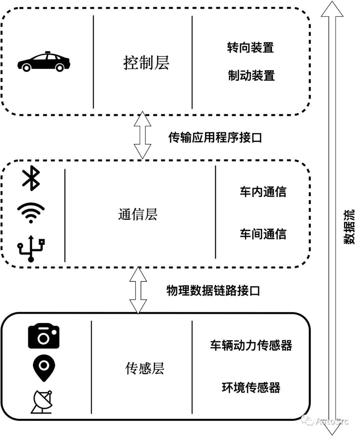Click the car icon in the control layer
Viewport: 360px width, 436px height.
pyautogui.click(x=44, y=62)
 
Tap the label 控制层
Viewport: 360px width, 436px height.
pyautogui.click(x=146, y=63)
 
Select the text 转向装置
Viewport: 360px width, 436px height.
pyautogui.click(x=251, y=48)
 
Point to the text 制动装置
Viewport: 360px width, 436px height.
pyautogui.click(x=251, y=76)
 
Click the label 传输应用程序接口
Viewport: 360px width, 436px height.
pyautogui.click(x=215, y=137)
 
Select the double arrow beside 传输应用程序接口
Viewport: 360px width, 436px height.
pyautogui.click(x=142, y=135)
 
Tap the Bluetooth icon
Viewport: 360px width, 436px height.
pyautogui.click(x=31, y=179)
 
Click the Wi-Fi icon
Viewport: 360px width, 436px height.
pyautogui.click(x=31, y=213)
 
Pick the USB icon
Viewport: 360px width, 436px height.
pyautogui.click(x=31, y=248)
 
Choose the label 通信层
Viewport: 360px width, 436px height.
pyautogui.click(x=138, y=214)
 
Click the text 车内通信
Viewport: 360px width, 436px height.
pyautogui.click(x=263, y=192)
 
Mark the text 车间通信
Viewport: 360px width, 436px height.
pyautogui.click(x=263, y=234)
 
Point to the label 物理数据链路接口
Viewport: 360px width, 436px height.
pyautogui.click(x=213, y=291)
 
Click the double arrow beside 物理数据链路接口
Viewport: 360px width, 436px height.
pyautogui.click(x=138, y=290)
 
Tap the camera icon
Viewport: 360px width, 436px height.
pyautogui.click(x=44, y=336)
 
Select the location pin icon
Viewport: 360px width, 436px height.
pyautogui.click(x=44, y=368)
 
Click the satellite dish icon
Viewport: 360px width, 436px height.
pyautogui.click(x=42, y=402)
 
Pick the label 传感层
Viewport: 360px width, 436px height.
pyautogui.click(x=145, y=368)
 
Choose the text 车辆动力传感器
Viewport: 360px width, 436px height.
pyautogui.click(x=251, y=345)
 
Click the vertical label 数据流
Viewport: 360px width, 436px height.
pyautogui.click(x=349, y=227)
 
